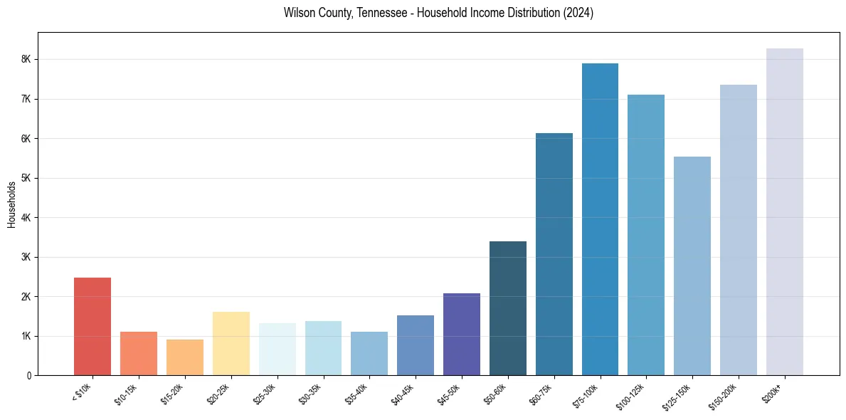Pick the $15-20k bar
click(185, 357)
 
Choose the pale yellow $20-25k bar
click(231, 343)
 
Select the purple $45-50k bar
click(462, 334)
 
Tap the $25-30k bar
click(277, 349)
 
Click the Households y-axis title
click(11, 204)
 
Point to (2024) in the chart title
click(579, 13)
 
